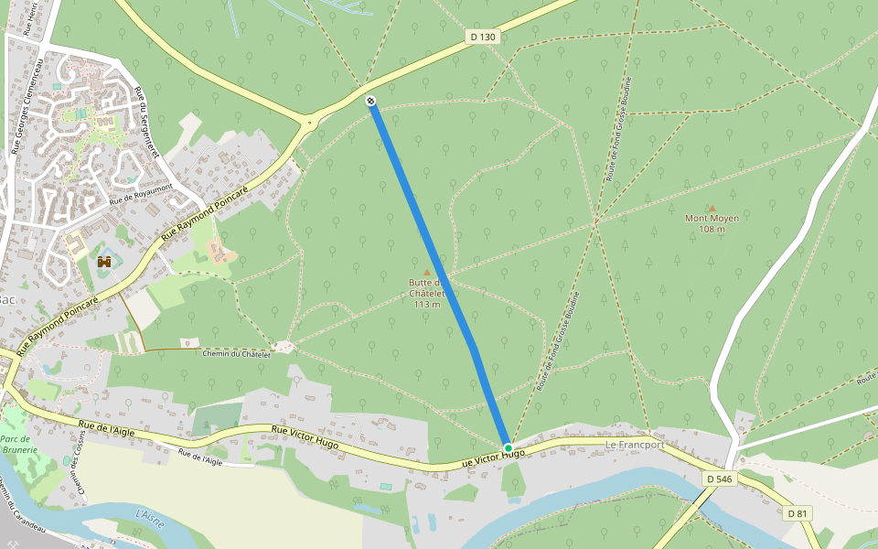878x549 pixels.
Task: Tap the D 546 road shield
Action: pyautogui.click(x=719, y=479)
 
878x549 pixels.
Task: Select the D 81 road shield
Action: pyautogui.click(x=797, y=513)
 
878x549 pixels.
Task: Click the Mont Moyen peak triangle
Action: pyautogui.click(x=712, y=209)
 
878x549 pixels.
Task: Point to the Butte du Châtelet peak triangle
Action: pyautogui.click(x=426, y=272)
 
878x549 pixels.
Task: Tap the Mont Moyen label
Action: pyautogui.click(x=712, y=219)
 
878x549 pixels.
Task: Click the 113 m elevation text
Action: pyautogui.click(x=427, y=304)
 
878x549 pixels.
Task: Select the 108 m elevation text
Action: pyautogui.click(x=712, y=230)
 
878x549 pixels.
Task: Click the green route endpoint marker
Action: pyautogui.click(x=508, y=448)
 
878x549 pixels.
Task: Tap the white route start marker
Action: pyautogui.click(x=371, y=101)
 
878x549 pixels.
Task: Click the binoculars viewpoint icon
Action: pyautogui.click(x=104, y=262)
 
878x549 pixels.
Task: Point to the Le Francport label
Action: pyautogui.click(x=635, y=445)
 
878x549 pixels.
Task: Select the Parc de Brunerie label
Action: pyautogui.click(x=18, y=445)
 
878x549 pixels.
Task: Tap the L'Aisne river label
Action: pyautogui.click(x=148, y=517)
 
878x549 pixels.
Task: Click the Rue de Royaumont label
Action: pyautogui.click(x=140, y=194)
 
